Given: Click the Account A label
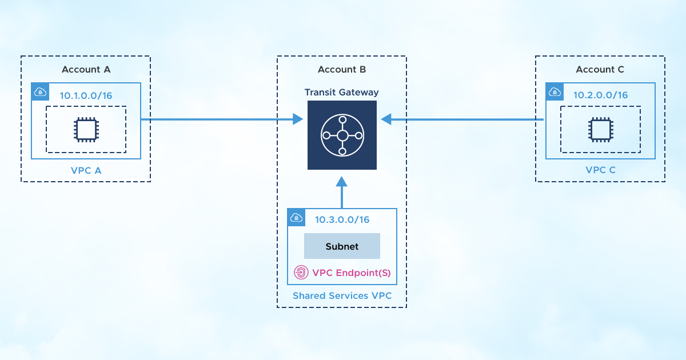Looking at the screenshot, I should pos(86,70).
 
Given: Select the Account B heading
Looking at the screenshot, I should pos(342,70).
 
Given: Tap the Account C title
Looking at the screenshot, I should pos(600,70).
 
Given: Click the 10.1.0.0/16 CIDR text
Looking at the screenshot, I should pos(86,95).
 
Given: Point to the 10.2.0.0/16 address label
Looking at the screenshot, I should pos(600,95).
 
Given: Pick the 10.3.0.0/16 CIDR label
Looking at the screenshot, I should pos(342,219).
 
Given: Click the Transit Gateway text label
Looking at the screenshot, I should pos(341,92).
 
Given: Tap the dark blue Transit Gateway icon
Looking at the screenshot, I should pos(342,135).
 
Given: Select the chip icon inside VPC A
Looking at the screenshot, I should pos(86,130).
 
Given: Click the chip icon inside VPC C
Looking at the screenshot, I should pos(600,130).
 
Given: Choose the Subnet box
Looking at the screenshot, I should pos(342,246).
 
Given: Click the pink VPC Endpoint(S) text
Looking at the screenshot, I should pos(352,273).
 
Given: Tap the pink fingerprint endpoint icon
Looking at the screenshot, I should pos(301,273).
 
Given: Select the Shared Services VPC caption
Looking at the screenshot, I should pos(342,296).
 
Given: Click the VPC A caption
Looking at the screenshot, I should pos(86,170).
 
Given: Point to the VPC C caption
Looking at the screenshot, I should pos(600,170).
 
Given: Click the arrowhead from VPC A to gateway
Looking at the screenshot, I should pos(297,119).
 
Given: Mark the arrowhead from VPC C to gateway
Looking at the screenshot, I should pos(386,119).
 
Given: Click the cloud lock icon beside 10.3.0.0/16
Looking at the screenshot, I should pos(296,218).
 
